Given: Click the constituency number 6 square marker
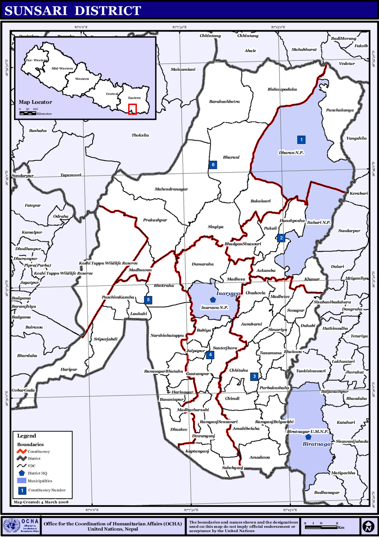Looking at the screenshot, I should [x=213, y=164].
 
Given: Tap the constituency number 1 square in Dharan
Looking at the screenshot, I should [x=301, y=139].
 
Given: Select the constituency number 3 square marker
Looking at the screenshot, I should [x=254, y=376].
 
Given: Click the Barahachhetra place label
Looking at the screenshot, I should [x=224, y=101].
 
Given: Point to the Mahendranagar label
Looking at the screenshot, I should [x=171, y=189].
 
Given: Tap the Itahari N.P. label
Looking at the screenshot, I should [x=319, y=222].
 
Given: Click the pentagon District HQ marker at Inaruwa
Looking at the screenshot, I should [x=212, y=300].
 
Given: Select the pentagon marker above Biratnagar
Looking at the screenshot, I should [x=308, y=437].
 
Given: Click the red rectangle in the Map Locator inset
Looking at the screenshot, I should [x=132, y=109].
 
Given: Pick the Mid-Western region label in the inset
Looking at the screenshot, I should [x=62, y=68].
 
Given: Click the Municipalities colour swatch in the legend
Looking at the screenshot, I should [x=21, y=481].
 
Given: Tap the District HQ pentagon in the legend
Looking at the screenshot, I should [x=22, y=473].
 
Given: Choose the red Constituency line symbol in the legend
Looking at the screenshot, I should [x=21, y=451].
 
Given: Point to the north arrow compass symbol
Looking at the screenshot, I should [x=368, y=526].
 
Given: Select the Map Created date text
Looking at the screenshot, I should [x=41, y=502].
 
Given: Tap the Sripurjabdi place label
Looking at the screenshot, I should [x=106, y=339].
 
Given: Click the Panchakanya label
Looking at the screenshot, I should [x=340, y=110].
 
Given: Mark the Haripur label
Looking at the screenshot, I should [x=69, y=369].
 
